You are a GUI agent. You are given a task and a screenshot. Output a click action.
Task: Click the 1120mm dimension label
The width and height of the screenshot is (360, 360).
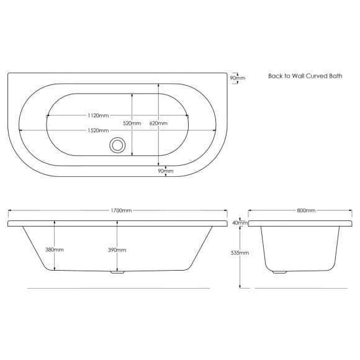[98, 115]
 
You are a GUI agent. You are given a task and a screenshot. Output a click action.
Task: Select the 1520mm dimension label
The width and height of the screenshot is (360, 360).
[98, 130]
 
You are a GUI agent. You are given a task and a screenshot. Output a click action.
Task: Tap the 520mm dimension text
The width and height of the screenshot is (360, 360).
[132, 124]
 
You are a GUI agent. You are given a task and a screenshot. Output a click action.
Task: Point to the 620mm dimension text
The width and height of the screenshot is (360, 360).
[158, 124]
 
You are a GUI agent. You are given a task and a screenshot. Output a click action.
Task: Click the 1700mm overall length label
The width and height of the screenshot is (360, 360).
[121, 210]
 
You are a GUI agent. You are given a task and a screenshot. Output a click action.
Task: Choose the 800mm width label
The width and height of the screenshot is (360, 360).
[306, 210]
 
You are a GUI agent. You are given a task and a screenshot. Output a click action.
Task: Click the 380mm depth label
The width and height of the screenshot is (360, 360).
[55, 250]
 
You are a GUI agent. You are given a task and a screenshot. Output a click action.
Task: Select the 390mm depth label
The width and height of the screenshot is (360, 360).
[117, 250]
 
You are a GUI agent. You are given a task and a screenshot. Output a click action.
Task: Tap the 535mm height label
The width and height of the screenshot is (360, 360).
[240, 253]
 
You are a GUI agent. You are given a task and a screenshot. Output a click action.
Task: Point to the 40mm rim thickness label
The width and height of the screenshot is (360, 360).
[240, 223]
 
